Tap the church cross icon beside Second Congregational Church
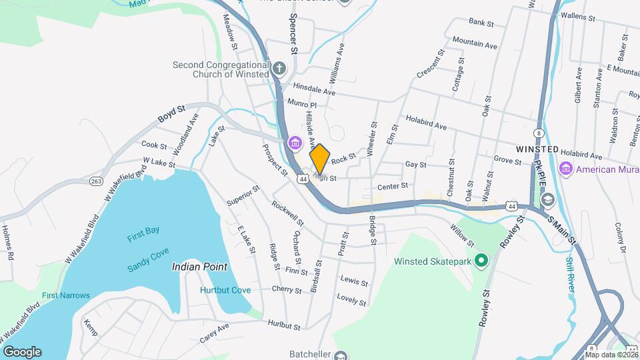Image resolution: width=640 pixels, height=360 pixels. (279, 68)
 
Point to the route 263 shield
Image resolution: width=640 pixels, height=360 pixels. (95, 181)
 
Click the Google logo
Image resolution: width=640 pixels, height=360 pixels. (22, 352)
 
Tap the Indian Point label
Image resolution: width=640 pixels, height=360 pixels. (199, 267)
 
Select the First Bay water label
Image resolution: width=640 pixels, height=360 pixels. (143, 231)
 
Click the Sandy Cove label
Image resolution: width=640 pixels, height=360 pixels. (147, 268)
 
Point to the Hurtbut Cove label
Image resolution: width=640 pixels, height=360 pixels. (225, 290)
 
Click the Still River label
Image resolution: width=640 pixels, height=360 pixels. (571, 273)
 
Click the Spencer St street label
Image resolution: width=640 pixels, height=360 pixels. (292, 33)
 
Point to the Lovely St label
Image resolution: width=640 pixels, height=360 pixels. (352, 299)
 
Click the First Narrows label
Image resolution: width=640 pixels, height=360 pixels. (61, 295)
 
